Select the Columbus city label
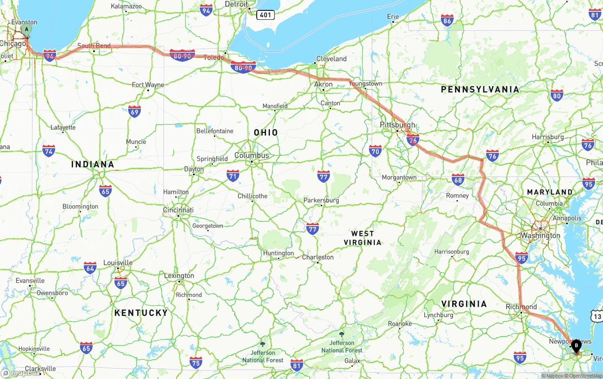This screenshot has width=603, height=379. (x=252, y=155)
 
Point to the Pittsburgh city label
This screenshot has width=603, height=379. (x=398, y=125)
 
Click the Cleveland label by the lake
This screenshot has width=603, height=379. (x=331, y=59)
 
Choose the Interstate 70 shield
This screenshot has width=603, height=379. (x=375, y=151)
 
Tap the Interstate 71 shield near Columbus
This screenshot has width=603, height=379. (x=233, y=176)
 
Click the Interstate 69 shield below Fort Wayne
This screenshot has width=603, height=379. (x=134, y=111)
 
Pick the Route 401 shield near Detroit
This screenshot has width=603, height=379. (x=265, y=15)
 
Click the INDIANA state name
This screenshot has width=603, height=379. (x=93, y=164)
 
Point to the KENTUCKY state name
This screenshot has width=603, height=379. (x=141, y=312)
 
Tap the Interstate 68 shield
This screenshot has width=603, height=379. (x=458, y=179)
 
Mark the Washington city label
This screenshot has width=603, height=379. (x=540, y=236)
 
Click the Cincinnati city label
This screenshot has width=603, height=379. (x=178, y=210)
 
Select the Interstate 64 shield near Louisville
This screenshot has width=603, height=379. (x=90, y=268)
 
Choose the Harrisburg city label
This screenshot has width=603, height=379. (x=548, y=137)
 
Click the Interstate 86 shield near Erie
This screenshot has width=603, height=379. (x=447, y=20)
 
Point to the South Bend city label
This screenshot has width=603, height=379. (x=94, y=46)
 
